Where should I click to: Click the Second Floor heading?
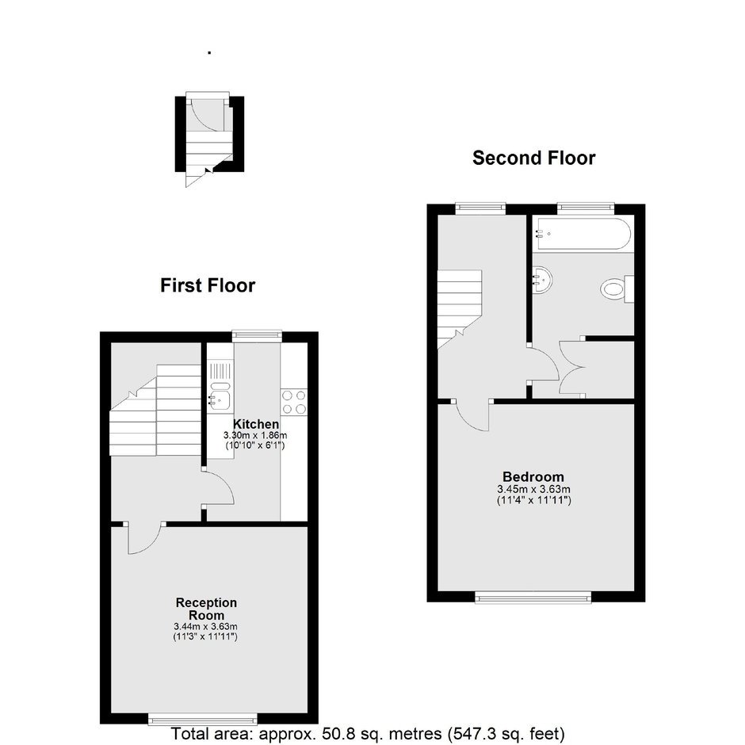tap(533, 158)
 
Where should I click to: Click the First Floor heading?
tap(208, 285)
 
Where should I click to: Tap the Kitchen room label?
tap(256, 424)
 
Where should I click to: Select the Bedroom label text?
tap(533, 476)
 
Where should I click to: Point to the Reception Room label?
tap(206, 609)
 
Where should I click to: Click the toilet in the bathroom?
tap(617, 288)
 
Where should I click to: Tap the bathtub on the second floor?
tap(582, 233)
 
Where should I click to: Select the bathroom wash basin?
tap(542, 281)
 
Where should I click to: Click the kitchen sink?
tap(220, 395)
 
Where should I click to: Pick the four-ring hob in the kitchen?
tap(293, 402)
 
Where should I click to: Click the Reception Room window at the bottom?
tap(203, 719)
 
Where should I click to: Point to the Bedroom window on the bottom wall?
tap(533, 598)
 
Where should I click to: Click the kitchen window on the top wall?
tap(257, 336)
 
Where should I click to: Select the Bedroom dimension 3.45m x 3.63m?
tap(533, 489)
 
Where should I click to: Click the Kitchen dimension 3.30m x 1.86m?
tap(255, 435)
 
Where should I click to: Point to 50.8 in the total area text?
tap(334, 734)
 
